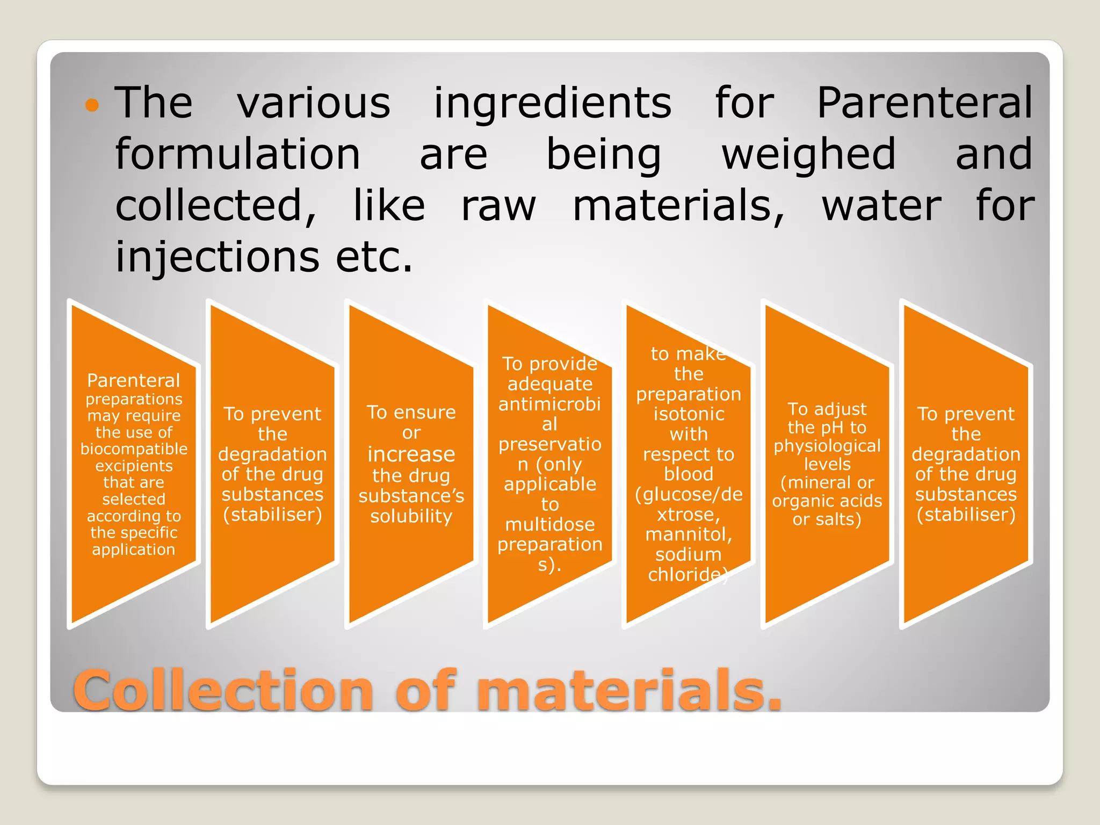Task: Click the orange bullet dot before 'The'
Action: click(92, 105)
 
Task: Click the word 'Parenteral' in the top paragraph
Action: click(924, 103)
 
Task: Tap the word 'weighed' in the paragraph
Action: click(808, 155)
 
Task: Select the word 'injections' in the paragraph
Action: click(217, 257)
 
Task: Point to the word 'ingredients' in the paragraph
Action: click(552, 103)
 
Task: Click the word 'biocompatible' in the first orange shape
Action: click(134, 449)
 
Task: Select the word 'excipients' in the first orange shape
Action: click(134, 466)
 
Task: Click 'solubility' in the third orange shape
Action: click(411, 516)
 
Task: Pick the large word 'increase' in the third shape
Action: click(411, 454)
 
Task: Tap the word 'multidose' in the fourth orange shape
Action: click(549, 524)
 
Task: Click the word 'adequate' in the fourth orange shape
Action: click(549, 384)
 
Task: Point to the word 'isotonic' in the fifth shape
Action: click(689, 414)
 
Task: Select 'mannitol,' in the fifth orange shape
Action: click(689, 534)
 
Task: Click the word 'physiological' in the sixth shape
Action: click(827, 446)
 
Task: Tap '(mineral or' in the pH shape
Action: click(827, 482)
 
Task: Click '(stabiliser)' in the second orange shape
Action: click(272, 515)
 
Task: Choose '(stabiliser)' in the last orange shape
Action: click(966, 515)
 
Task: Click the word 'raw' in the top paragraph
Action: click(498, 206)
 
